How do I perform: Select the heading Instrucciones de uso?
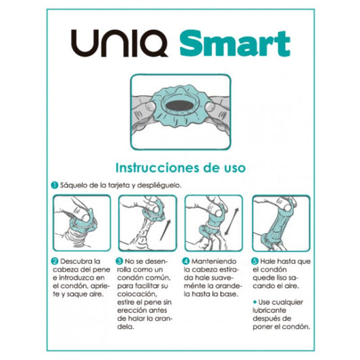[180, 165]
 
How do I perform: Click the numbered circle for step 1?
[54, 184]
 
